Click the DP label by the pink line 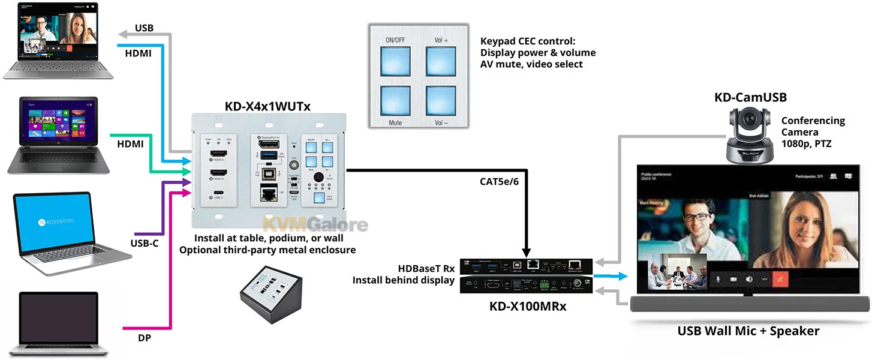tap(144, 338)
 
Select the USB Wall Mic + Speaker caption tap(748, 331)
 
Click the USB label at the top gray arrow tap(144, 28)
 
